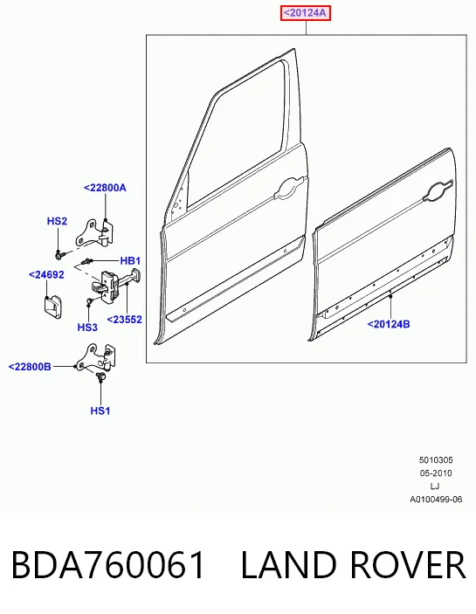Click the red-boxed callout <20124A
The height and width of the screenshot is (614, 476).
pyautogui.click(x=306, y=13)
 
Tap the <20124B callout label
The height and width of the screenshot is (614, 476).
pyautogui.click(x=389, y=324)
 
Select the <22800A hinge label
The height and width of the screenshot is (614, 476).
pyautogui.click(x=105, y=188)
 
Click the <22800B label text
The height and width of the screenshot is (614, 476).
pyautogui.click(x=30, y=367)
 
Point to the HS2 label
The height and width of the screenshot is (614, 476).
pyautogui.click(x=57, y=221)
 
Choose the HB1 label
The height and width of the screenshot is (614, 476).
pyautogui.click(x=130, y=261)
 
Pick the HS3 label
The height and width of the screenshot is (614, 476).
pyautogui.click(x=87, y=328)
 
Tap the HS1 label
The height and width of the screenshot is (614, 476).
pyautogui.click(x=100, y=410)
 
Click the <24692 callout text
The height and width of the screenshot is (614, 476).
pyautogui.click(x=46, y=275)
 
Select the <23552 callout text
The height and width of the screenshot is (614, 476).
pyautogui.click(x=125, y=320)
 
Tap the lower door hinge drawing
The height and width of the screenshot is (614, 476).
pyautogui.click(x=95, y=356)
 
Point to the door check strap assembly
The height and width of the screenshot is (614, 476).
pyautogui.click(x=116, y=285)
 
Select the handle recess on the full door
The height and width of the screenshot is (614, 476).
pyautogui.click(x=291, y=187)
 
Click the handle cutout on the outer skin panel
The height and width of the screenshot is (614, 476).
pyautogui.click(x=438, y=191)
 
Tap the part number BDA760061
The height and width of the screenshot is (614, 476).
pyautogui.click(x=108, y=564)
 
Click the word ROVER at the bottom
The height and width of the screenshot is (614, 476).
pyautogui.click(x=407, y=564)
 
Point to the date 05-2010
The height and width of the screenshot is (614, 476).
pyautogui.click(x=436, y=473)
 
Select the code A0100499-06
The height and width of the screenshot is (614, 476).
pyautogui.click(x=436, y=500)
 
